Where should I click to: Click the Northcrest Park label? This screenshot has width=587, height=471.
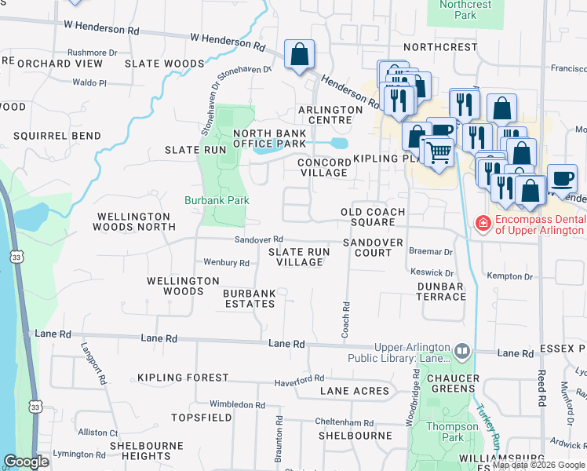[465, 9]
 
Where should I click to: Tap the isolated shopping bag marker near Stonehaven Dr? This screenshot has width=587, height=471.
[299, 55]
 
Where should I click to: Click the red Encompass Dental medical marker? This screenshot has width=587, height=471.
[483, 225]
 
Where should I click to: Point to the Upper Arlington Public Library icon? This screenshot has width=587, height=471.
[462, 350]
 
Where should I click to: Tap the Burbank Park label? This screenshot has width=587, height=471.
[217, 200]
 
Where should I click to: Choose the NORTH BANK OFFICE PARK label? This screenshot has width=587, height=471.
[269, 139]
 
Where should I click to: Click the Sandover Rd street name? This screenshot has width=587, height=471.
[258, 239]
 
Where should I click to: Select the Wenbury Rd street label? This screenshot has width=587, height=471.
[226, 263]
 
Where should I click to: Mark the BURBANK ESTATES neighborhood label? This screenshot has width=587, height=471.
[250, 298]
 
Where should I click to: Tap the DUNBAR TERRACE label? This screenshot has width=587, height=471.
[441, 291]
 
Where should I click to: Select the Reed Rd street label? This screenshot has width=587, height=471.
[541, 387]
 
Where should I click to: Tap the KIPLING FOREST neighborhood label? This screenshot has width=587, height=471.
[183, 378]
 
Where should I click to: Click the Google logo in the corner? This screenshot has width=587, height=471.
[26, 462]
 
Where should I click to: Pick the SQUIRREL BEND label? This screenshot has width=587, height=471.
[57, 136]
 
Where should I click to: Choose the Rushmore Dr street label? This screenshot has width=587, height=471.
[92, 53]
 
